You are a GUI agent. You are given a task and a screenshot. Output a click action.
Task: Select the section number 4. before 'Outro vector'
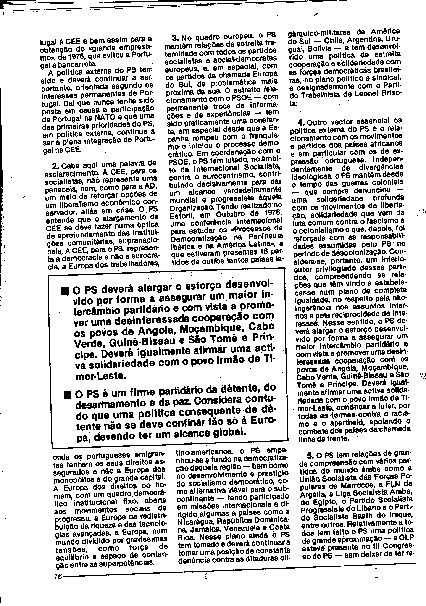click(x=301, y=123)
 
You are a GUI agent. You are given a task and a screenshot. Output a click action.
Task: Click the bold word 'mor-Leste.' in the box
click(x=96, y=376)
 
